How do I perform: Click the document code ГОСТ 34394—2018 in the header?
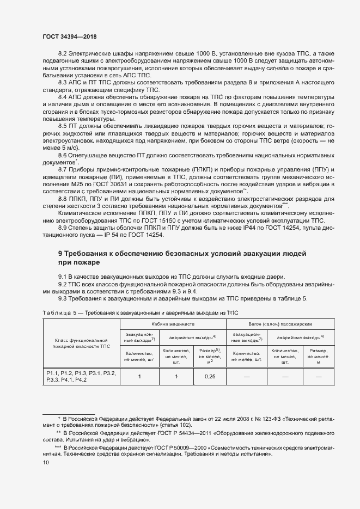(x=69, y=36)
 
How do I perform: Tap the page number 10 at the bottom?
(x=46, y=462)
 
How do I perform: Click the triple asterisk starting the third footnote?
(x=58, y=446)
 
